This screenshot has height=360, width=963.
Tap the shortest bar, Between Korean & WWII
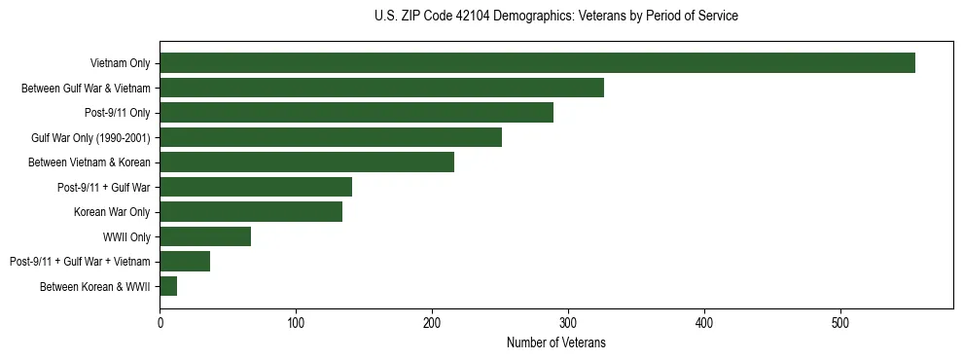pos(168,286)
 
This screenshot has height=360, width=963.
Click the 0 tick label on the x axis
pos(160,322)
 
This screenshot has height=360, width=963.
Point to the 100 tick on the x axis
pos(297,322)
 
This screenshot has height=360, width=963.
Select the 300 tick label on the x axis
pos(569,322)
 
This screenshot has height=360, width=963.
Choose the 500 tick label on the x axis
pos(841,322)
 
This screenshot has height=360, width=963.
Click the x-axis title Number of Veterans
pos(556,342)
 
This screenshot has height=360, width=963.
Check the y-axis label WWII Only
pos(126,236)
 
